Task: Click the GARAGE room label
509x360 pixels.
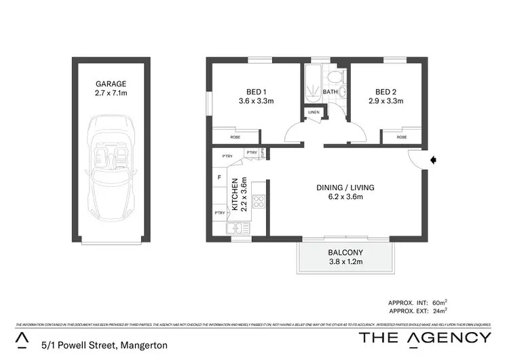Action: pyautogui.click(x=111, y=84)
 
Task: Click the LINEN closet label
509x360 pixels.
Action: pyautogui.click(x=313, y=112)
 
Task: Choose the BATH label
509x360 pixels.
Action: pyautogui.click(x=331, y=92)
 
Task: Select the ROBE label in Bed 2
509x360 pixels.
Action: pyautogui.click(x=402, y=137)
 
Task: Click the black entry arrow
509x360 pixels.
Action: pyautogui.click(x=434, y=160)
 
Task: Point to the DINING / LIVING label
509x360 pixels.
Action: pyautogui.click(x=345, y=187)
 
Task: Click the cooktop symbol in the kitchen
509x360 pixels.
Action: pyautogui.click(x=259, y=201)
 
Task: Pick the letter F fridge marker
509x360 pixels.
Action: pyautogui.click(x=219, y=178)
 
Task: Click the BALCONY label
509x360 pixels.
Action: pyautogui.click(x=345, y=249)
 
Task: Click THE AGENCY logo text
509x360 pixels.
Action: pyautogui.click(x=425, y=338)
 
